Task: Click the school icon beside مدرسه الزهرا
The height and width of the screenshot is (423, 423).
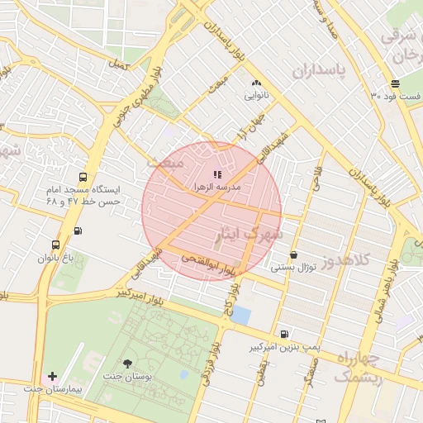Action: pyautogui.click(x=217, y=174)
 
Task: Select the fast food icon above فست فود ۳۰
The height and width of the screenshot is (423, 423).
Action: pyautogui.click(x=396, y=83)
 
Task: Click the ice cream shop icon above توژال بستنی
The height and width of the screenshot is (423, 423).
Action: pyautogui.click(x=294, y=254)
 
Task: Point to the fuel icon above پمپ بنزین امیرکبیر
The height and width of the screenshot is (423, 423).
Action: pyautogui.click(x=285, y=334)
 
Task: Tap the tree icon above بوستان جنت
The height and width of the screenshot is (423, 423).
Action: pyautogui.click(x=126, y=363)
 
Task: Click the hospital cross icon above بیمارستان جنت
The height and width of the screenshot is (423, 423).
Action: pyautogui.click(x=53, y=376)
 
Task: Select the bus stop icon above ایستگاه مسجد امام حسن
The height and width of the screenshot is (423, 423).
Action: pyautogui.click(x=82, y=177)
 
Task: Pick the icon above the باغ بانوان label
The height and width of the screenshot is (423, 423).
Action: pyautogui.click(x=55, y=245)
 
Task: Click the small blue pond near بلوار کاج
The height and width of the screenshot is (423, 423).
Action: pyautogui.click(x=240, y=314)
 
